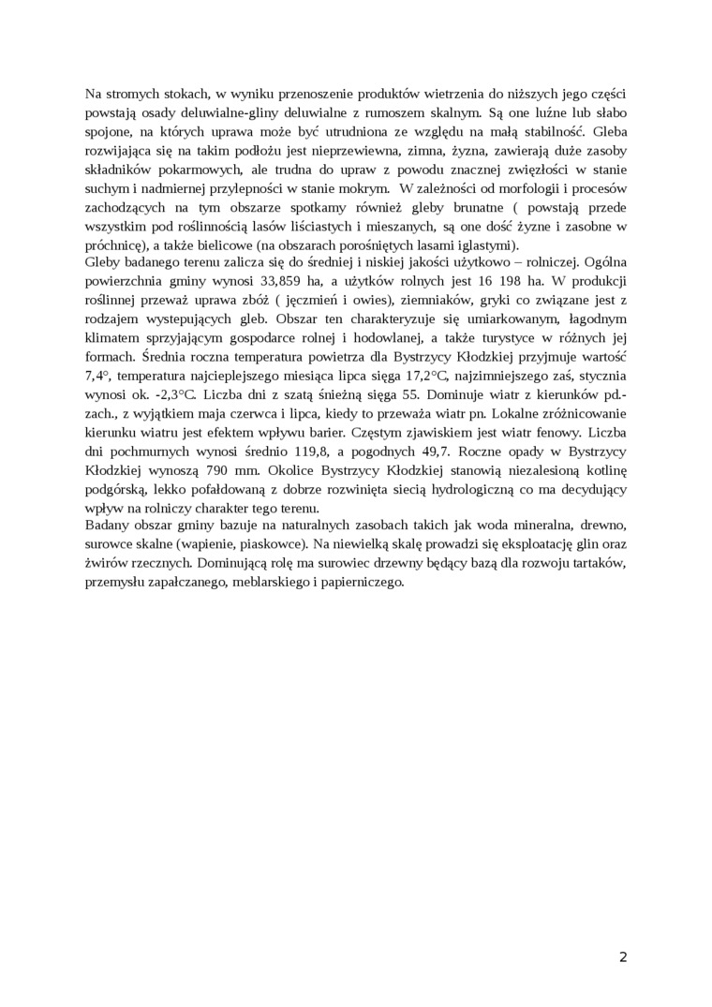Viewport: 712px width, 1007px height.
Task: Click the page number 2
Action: [623, 956]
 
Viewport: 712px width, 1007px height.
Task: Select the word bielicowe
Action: [204, 244]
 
